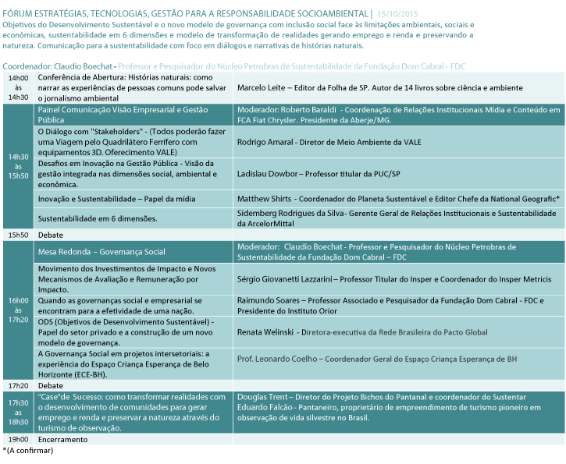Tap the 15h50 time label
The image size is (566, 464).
[18, 234]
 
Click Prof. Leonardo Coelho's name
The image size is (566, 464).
[279, 359]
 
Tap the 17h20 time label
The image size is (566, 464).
[18, 385]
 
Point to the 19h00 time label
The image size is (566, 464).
[18, 439]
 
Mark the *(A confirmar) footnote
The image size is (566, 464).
[28, 450]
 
